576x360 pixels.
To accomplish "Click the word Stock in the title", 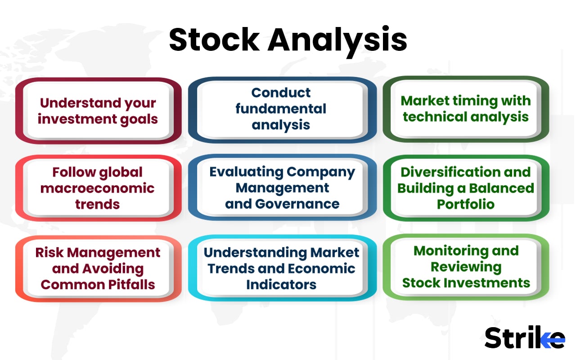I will (x=214, y=40).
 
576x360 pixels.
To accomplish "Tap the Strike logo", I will (x=524, y=337).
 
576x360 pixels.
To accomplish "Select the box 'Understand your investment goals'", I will (x=98, y=111).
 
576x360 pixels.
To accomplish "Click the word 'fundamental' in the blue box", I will (x=281, y=108).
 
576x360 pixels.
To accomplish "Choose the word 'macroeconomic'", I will (x=98, y=188).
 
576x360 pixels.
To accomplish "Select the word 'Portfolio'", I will (x=466, y=204).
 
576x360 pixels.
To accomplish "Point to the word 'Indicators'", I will (x=281, y=284).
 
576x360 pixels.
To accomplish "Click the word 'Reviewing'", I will (x=466, y=267).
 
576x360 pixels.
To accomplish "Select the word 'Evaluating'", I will (x=247, y=172).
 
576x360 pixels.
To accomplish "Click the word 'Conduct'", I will (x=281, y=93).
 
